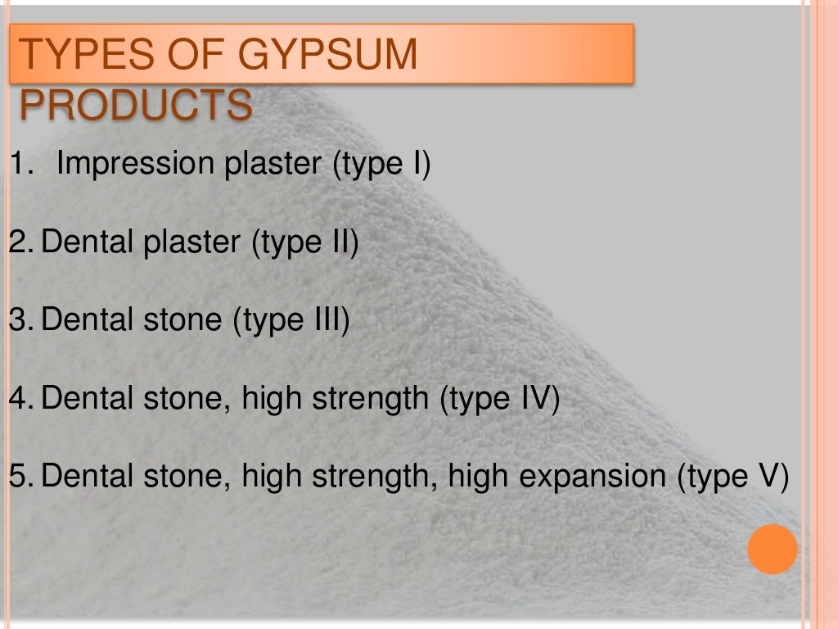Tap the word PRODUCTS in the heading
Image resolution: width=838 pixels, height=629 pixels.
pos(135,104)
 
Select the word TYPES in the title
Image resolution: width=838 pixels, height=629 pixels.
pos(73,55)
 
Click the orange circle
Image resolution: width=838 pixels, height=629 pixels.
pos(772,549)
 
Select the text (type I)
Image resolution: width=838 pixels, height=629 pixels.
pos(381,165)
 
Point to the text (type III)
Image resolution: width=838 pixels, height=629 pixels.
pos(291,320)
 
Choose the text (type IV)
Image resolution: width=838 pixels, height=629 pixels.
pos(499,399)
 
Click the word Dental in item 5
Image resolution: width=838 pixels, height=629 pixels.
pos(88,476)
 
